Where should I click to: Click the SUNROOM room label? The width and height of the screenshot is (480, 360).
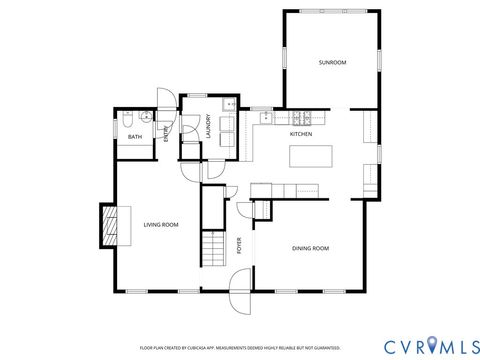(x=332, y=63)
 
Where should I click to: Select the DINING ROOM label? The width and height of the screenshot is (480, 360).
(x=310, y=248)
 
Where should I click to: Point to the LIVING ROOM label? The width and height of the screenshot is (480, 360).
(x=160, y=224)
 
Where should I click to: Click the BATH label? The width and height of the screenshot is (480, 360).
(x=134, y=137)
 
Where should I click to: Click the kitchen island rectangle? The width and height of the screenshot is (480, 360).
(x=310, y=156)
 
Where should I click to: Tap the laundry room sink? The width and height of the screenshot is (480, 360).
(x=229, y=104)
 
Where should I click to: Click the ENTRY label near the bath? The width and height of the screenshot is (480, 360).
(x=166, y=134)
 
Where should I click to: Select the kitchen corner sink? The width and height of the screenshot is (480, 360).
(x=266, y=118)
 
